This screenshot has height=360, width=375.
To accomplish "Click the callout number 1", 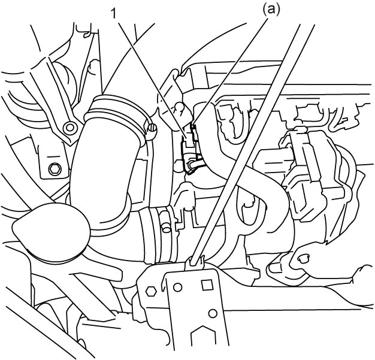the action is tap(114, 14).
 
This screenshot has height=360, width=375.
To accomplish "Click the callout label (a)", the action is tap(271, 11).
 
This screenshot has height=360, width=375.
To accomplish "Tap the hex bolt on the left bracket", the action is tap(55, 170).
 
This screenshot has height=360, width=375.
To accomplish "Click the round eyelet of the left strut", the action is tap(70, 127).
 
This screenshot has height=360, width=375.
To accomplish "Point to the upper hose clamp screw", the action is tap(152, 129).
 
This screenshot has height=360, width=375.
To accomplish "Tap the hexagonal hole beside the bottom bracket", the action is tap(151, 292).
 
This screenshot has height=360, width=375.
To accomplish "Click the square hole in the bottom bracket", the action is tap(207, 285).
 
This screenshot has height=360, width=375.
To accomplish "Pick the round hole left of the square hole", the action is tap(178, 288).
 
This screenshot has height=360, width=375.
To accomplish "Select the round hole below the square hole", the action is tap(213, 313).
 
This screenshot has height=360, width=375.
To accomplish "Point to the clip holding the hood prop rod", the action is tap(195, 262).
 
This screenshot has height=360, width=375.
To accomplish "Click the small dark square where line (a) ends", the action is tap(192, 126).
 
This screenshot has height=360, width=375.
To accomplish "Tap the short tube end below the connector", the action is tap(194, 165).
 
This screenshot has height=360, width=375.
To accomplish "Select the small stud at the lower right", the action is tap(303, 258).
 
